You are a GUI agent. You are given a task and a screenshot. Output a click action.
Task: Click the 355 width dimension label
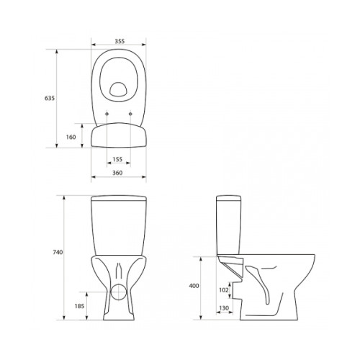point(120,41)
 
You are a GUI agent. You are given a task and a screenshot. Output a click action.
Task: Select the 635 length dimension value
point(50,98)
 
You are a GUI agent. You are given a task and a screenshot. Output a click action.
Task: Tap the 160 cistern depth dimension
point(71,137)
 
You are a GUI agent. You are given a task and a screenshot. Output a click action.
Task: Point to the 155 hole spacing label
point(117,159)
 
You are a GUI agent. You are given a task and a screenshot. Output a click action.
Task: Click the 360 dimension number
point(117,173)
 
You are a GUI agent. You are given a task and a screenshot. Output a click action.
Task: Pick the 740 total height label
point(58,252)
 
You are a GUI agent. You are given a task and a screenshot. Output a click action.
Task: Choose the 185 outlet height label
point(79,306)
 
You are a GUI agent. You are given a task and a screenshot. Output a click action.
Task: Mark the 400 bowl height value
point(194,286)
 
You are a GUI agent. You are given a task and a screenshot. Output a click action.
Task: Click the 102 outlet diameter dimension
point(224,290)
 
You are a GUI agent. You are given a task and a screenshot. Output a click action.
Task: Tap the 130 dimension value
point(224,308)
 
